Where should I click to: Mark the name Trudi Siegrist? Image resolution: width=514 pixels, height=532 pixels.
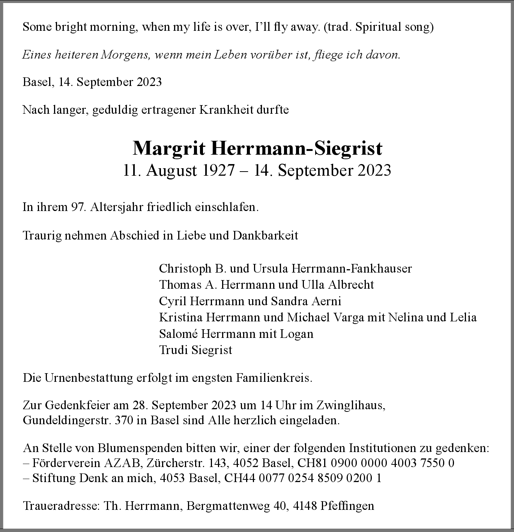pos(195,350)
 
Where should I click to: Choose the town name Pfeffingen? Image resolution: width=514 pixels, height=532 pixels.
pos(347,506)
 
